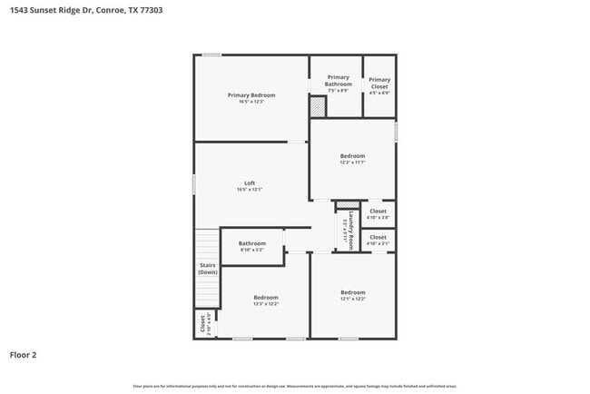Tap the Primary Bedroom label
(x=251, y=98)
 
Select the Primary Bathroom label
(x=338, y=84)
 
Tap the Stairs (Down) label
(x=208, y=269)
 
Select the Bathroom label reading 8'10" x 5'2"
(x=252, y=246)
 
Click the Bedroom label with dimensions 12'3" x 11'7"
(x=352, y=159)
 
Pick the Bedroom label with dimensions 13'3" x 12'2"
(x=266, y=300)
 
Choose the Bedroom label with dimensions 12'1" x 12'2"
(x=353, y=297)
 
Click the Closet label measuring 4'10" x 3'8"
(x=378, y=214)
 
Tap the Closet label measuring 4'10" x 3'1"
(x=378, y=241)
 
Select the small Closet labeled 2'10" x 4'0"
(x=206, y=324)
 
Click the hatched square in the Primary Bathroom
(x=317, y=107)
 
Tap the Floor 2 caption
(x=24, y=355)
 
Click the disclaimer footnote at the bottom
(x=294, y=386)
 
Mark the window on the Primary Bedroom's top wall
(x=211, y=55)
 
